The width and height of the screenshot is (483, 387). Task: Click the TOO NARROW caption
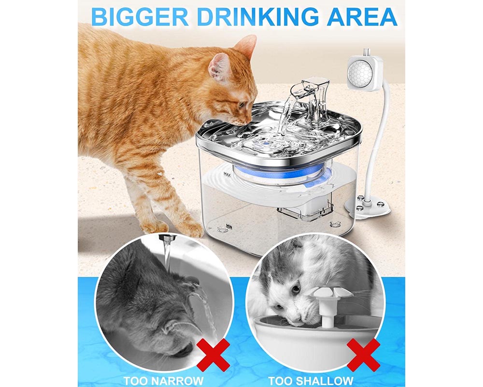[x=163, y=380]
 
